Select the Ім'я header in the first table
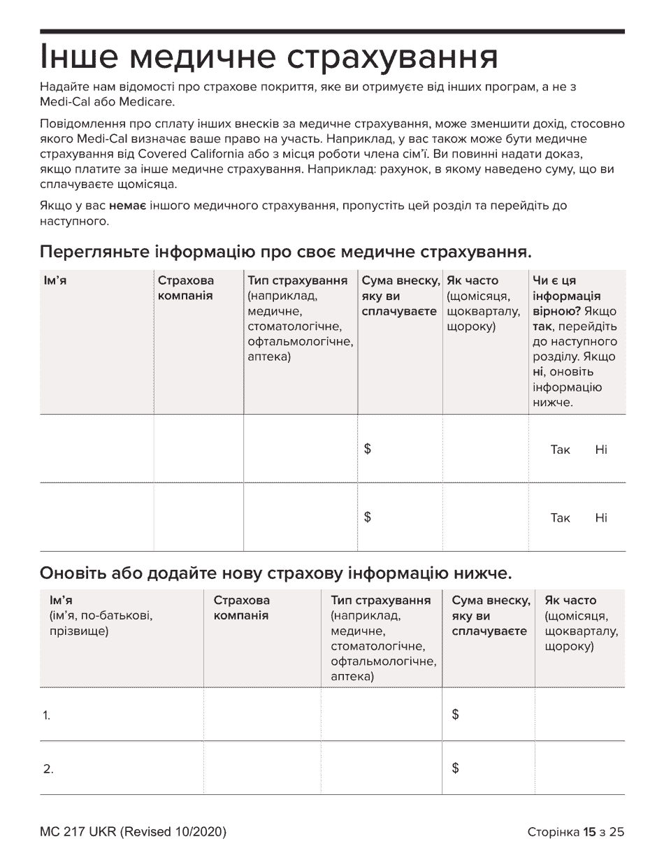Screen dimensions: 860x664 click(x=55, y=281)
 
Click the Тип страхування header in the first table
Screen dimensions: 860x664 click(x=298, y=281)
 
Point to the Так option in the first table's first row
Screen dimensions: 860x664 click(x=561, y=450)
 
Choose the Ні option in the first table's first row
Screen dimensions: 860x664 click(x=601, y=450)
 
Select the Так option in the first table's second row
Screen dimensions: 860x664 click(x=561, y=518)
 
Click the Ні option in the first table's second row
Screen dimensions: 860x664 click(x=601, y=518)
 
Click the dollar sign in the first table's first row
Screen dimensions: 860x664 click(x=368, y=450)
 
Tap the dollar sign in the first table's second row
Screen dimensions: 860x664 click(x=368, y=518)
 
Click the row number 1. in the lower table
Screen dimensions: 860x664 click(x=47, y=716)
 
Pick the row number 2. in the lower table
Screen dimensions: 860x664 click(x=48, y=770)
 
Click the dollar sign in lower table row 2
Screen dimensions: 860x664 click(x=456, y=769)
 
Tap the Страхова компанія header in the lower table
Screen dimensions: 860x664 click(x=241, y=608)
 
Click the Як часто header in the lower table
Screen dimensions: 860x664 click(x=570, y=601)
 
